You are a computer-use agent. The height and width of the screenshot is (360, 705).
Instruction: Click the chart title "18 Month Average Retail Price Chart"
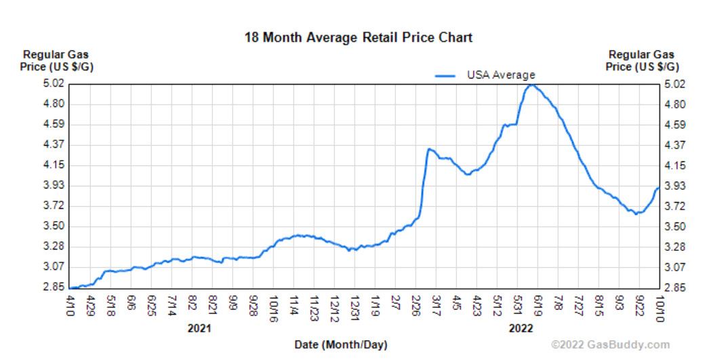(x=358, y=37)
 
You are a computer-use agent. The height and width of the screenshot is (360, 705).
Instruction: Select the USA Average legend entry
(x=500, y=75)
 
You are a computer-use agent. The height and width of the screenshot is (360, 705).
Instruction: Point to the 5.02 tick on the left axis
(x=54, y=83)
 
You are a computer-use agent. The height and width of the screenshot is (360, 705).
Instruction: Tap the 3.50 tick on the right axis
(x=674, y=226)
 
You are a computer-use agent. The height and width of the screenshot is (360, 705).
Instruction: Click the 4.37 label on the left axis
(x=54, y=144)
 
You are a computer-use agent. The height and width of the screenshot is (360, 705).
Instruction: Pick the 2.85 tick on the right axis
(x=674, y=287)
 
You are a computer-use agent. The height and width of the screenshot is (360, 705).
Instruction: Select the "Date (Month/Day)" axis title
(x=341, y=344)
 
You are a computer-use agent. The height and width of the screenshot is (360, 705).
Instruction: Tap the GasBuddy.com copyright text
(x=610, y=344)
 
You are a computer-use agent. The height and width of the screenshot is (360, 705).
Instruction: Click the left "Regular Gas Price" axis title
(x=56, y=60)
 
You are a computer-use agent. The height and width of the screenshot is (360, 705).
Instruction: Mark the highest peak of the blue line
(x=532, y=85)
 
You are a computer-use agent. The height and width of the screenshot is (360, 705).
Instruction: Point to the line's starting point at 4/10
(x=70, y=288)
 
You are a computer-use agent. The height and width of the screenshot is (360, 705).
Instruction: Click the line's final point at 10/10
(x=658, y=188)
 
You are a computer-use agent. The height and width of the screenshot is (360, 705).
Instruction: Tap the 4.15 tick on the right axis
(x=674, y=165)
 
